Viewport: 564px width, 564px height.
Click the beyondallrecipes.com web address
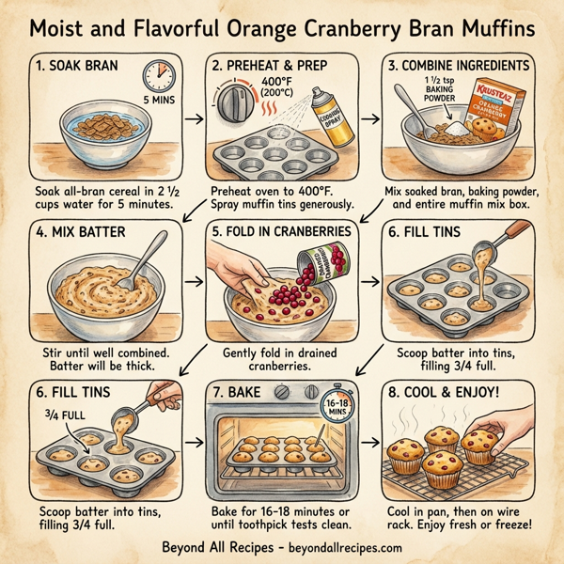pyautogui.click(x=341, y=547)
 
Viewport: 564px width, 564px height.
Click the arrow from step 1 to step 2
pyautogui.click(x=193, y=120)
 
